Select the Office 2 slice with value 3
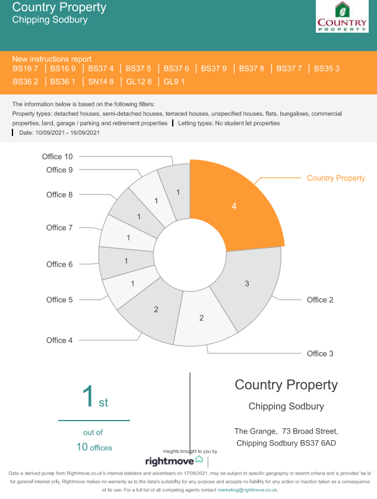point(247,284)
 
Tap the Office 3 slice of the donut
point(201,318)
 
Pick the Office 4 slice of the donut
point(156,309)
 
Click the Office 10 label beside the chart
point(57,157)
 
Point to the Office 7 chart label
point(59,228)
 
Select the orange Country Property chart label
point(335,178)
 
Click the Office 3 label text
point(320,353)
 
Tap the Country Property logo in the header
point(342,17)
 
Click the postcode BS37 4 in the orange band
point(101,69)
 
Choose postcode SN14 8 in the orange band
point(101,82)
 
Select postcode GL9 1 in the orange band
point(174,82)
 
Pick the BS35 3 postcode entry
point(327,69)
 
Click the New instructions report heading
point(52,59)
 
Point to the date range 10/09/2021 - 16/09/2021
point(59,133)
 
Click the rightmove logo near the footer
point(174,460)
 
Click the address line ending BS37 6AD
point(286,443)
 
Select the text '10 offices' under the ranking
point(94,447)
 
